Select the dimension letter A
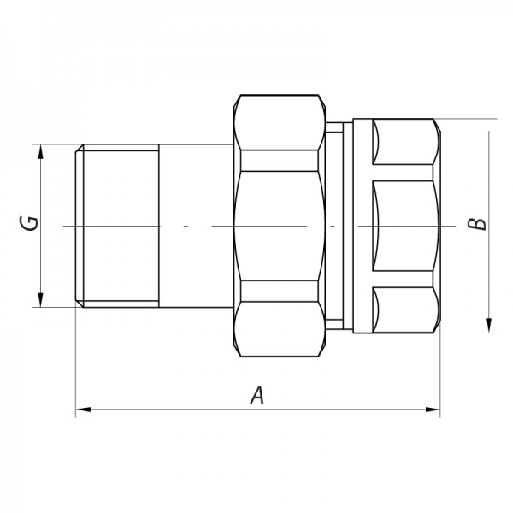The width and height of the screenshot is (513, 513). coord(254,395)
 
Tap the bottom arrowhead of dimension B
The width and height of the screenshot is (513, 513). coord(488,325)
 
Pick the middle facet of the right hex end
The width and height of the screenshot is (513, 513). coord(406,226)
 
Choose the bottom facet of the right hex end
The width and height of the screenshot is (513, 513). coord(406,309)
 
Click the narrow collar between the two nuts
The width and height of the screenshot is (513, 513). coord(338,226)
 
